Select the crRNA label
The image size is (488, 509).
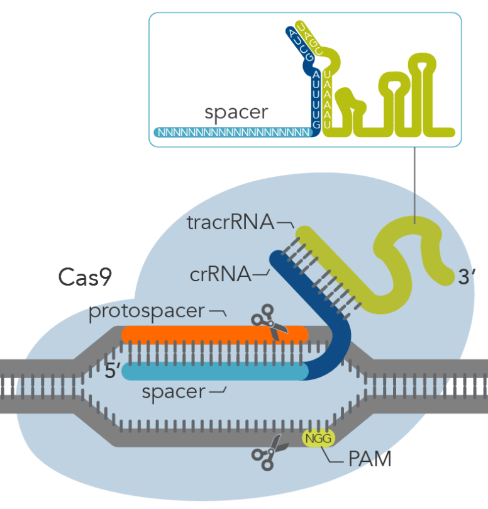pos(219,274)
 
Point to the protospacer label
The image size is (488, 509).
pos(147,311)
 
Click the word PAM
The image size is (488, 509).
pos(370,459)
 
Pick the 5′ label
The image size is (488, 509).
pos(113,371)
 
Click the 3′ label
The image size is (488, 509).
pos(466,277)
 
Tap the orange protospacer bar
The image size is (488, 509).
pos(214,333)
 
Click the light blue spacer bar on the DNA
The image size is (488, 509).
pos(214,372)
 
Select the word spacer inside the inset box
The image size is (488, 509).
pos(236,113)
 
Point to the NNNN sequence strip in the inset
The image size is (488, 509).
pos(233,133)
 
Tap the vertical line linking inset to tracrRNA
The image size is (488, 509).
pos(414,182)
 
